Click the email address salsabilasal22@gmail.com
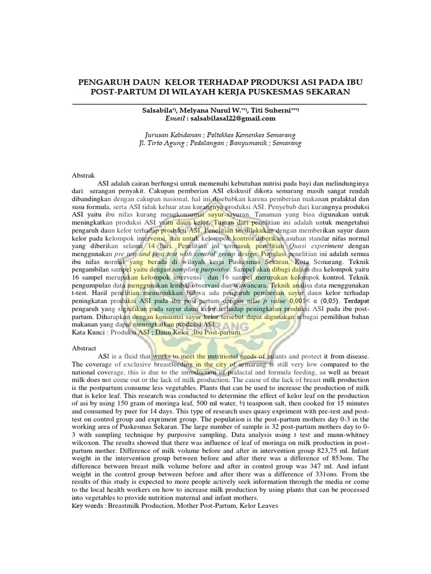coord(231,118)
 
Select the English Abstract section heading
coord(87,348)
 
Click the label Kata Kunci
coord(90,332)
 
